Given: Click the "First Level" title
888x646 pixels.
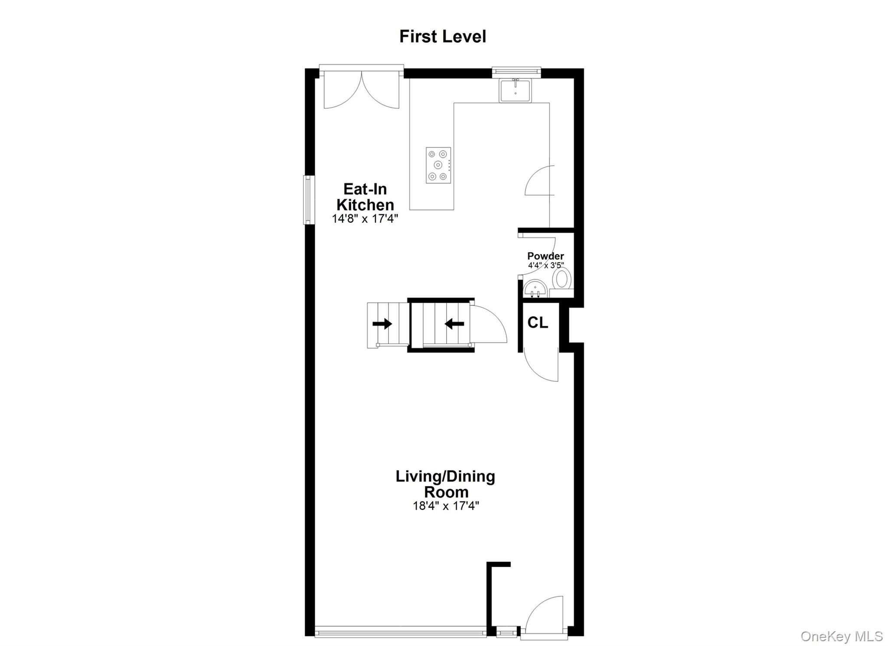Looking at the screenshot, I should pos(442,36).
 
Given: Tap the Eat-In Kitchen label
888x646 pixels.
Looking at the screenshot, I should pos(365,197).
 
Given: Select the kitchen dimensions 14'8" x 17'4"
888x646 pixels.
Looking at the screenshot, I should pos(365,218).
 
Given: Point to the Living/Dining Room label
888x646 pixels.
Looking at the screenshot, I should pos(445,484).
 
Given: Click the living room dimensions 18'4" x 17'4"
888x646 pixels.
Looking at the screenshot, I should pos(446,505).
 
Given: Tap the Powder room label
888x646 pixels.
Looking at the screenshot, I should pos(545,256).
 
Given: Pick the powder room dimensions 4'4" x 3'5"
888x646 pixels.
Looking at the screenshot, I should pos(545,265).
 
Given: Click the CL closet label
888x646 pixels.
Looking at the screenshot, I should pos(538,322).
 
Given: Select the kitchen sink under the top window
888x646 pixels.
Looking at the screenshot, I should pos(515,91).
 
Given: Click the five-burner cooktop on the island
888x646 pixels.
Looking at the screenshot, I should pos(438,165).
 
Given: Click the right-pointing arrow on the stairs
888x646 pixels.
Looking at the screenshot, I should pos(382,324).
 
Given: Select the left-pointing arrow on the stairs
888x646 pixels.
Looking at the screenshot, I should pos(454,323).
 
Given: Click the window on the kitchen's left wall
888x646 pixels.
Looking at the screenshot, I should pos(307,200).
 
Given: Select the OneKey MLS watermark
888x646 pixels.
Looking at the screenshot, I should pos(841,636).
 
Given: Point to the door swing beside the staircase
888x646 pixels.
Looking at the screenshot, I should pos(488,325).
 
